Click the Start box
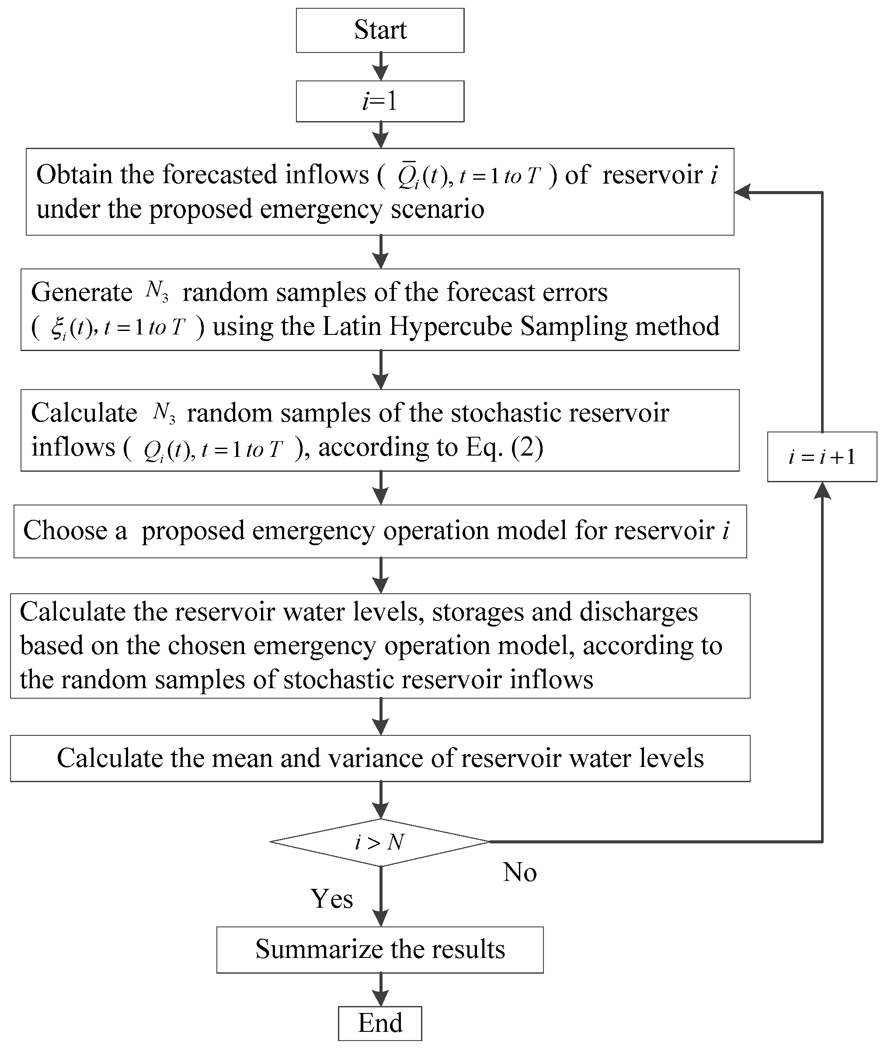(380, 30)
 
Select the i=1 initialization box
(380, 101)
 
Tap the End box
(380, 1023)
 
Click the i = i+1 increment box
(822, 457)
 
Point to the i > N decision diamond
(380, 843)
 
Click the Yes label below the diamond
(332, 898)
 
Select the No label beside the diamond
(520, 872)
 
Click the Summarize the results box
(380, 949)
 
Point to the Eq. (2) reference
(504, 447)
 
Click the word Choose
(65, 530)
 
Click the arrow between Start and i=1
(381, 66)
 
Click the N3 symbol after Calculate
(164, 412)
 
